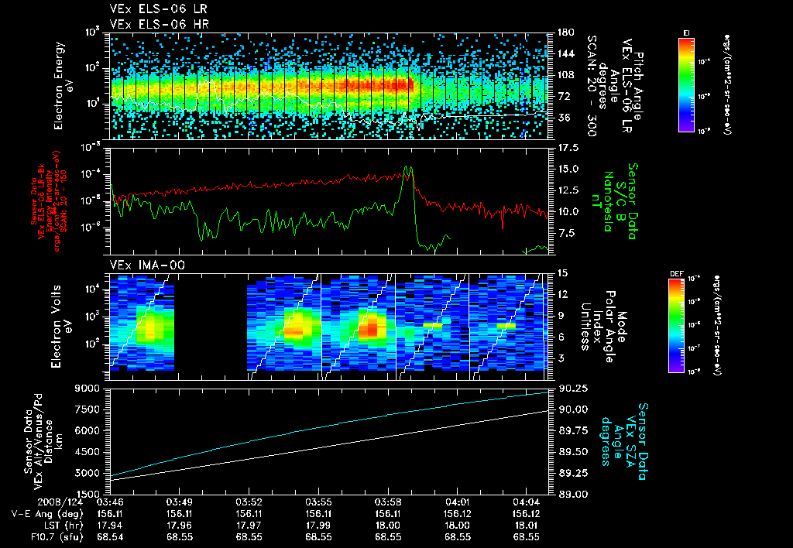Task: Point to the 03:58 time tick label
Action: [386, 502]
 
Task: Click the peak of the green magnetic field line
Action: [408, 167]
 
